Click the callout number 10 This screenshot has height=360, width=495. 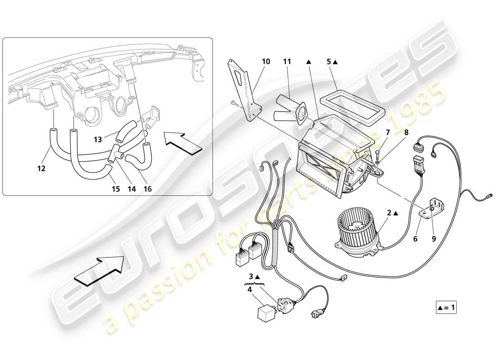click(266, 61)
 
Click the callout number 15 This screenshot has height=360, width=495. click(116, 189)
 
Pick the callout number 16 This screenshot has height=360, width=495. click(147, 189)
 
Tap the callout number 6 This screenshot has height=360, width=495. click(415, 239)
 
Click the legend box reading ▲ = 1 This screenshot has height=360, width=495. click(446, 308)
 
